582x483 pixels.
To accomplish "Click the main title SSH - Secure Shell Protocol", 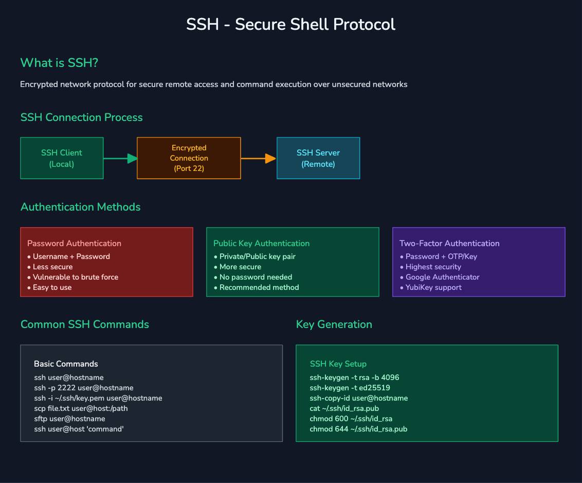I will point(290,24).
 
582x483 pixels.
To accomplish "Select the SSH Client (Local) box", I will point(62,158).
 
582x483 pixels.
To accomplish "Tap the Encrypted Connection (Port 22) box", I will point(189,158).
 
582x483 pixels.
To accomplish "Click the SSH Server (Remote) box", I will point(318,158).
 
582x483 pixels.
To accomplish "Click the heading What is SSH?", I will point(59,63).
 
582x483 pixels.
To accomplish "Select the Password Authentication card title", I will point(74,243).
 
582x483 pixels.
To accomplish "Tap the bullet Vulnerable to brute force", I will point(75,277).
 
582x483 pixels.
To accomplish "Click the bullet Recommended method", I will point(259,287).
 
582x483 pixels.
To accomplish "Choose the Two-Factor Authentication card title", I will point(449,243).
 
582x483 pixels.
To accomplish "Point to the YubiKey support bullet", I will point(433,287).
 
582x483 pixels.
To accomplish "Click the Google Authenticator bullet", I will point(442,277).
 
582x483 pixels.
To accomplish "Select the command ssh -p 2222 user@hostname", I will point(84,388).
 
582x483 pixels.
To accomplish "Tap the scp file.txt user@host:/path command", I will point(81,408).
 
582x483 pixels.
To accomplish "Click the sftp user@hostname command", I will point(69,419).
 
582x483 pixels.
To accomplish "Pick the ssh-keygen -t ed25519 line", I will point(350,388).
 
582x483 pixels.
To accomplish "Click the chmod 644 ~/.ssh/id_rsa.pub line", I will point(358,429).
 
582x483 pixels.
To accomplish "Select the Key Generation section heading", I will point(334,324).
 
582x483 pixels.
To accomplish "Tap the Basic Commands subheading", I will point(66,364).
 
